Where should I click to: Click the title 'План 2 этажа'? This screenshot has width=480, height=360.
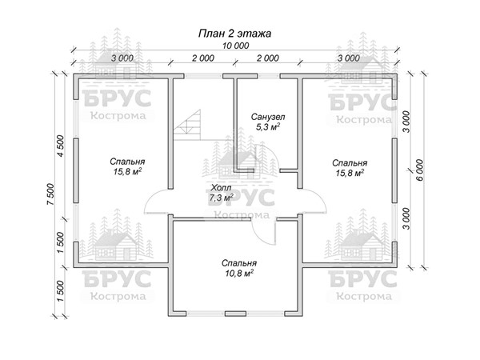pyautogui.click(x=234, y=33)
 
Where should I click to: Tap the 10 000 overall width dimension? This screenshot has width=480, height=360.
pyautogui.click(x=235, y=46)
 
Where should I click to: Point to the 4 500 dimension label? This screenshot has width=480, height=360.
pyautogui.click(x=61, y=146)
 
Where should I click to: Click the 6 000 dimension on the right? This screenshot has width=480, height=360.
pyautogui.click(x=420, y=170)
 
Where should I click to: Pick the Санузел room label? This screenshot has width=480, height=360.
pyautogui.click(x=268, y=117)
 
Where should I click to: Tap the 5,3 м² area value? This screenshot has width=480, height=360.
pyautogui.click(x=268, y=126)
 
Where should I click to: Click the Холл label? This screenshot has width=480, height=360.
pyautogui.click(x=221, y=188)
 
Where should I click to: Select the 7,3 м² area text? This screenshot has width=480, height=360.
pyautogui.click(x=221, y=198)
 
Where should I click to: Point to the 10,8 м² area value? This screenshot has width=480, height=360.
pyautogui.click(x=239, y=273)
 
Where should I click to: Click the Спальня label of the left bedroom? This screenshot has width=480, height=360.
pyautogui.click(x=127, y=162)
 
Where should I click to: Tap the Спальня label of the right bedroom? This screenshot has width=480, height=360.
pyautogui.click(x=350, y=163)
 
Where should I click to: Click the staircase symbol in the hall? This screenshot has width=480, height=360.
pyautogui.click(x=187, y=125)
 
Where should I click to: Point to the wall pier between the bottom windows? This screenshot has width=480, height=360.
pyautogui.click(x=235, y=314)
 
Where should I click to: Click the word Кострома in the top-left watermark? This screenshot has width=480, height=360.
pyautogui.click(x=118, y=116)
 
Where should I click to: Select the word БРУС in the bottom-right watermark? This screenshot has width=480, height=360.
pyautogui.click(x=362, y=279)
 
